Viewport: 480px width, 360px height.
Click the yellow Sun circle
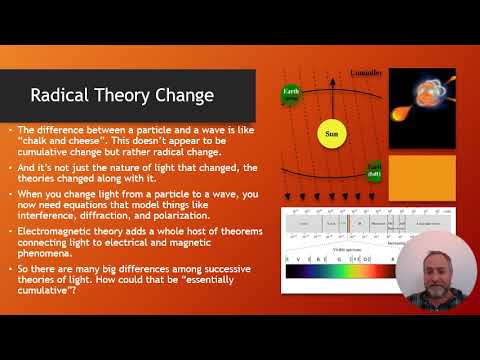329,132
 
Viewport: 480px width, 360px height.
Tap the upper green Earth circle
291,96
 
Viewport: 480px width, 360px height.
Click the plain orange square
421,176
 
